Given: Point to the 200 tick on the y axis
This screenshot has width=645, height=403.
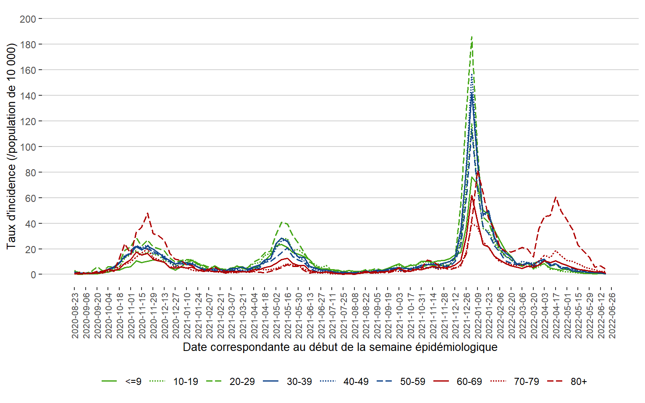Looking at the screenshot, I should (x=28, y=19).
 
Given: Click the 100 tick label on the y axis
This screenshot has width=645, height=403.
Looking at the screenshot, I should (x=28, y=147).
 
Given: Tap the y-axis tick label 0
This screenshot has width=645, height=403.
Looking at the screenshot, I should (x=33, y=275).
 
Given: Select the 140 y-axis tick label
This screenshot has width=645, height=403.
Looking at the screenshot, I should (x=28, y=96).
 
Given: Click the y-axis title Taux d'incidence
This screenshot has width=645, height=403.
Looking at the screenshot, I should (x=11, y=146).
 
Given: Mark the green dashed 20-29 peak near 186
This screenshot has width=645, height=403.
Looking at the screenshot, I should (x=472, y=37).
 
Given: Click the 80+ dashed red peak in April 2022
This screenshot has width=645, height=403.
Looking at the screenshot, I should (x=556, y=197).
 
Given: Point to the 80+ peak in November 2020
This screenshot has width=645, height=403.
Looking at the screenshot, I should (x=147, y=213).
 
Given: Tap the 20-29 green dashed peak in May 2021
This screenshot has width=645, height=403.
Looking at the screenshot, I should (x=283, y=222).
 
